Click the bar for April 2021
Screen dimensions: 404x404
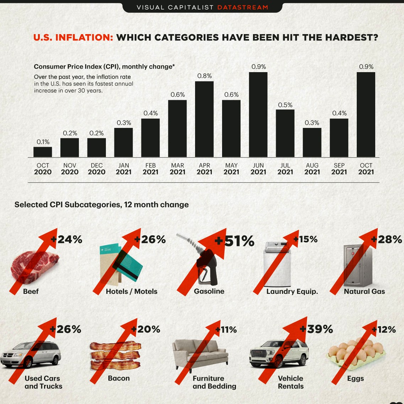tap(204, 119)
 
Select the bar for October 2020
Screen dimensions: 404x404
tap(43, 152)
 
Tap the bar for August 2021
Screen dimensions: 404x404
tap(312, 142)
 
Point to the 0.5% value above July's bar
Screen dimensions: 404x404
tap(285, 105)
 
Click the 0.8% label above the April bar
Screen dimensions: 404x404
tap(204, 76)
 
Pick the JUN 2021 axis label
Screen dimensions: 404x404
tap(258, 169)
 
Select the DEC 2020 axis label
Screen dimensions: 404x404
tap(97, 169)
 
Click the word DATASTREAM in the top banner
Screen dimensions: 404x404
tap(243, 7)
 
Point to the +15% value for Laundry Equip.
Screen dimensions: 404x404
tap(306, 239)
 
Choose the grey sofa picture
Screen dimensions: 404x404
tap(200, 354)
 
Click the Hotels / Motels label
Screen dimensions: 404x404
tap(131, 291)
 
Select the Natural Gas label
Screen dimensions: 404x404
tap(364, 291)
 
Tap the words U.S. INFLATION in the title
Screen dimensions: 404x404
tap(73, 38)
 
